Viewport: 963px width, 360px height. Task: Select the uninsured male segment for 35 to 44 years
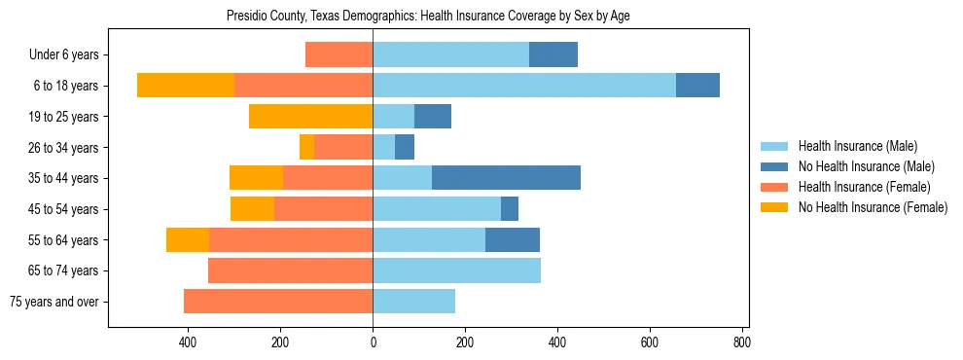506,178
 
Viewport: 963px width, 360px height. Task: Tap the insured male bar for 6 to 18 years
524,86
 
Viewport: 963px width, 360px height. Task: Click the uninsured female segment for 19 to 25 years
310,117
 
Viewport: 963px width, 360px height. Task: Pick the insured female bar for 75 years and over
278,302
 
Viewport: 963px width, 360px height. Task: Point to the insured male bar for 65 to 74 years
456,270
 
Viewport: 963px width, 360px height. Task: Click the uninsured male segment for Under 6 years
553,54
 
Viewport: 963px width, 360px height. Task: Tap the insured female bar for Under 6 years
339,54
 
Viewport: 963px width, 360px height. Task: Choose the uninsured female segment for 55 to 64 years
188,240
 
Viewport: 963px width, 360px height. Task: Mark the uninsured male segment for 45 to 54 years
510,209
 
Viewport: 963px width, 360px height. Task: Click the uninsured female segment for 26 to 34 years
306,147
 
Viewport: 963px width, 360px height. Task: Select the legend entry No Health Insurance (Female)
873,207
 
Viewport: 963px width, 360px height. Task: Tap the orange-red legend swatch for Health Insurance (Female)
775,187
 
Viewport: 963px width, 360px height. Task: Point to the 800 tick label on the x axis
742,342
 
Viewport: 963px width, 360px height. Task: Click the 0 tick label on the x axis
373,342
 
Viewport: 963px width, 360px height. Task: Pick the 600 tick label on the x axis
650,342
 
